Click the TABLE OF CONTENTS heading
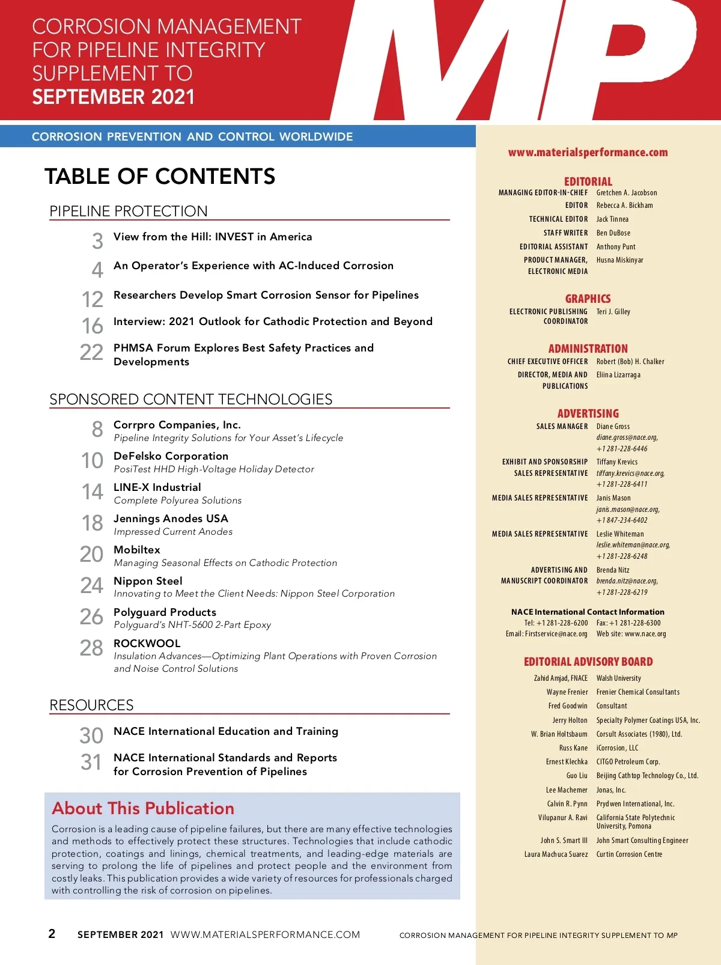(x=160, y=176)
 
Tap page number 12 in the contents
(x=93, y=299)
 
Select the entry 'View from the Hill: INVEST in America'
(x=213, y=237)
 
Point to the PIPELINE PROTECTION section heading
(x=129, y=211)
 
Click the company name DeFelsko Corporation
(x=171, y=456)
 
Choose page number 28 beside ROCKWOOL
(x=91, y=648)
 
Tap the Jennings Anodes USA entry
(x=171, y=519)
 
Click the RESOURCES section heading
(x=91, y=705)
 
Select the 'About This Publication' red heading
(x=143, y=808)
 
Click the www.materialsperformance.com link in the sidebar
(x=588, y=153)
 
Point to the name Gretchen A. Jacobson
(x=627, y=193)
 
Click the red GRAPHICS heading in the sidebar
(x=588, y=299)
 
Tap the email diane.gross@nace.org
(x=627, y=437)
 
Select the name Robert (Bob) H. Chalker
(x=630, y=362)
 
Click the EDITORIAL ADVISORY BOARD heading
(x=588, y=662)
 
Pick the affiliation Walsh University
(x=618, y=678)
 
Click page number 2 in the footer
(x=52, y=934)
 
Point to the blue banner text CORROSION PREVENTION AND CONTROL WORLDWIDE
(x=192, y=136)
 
